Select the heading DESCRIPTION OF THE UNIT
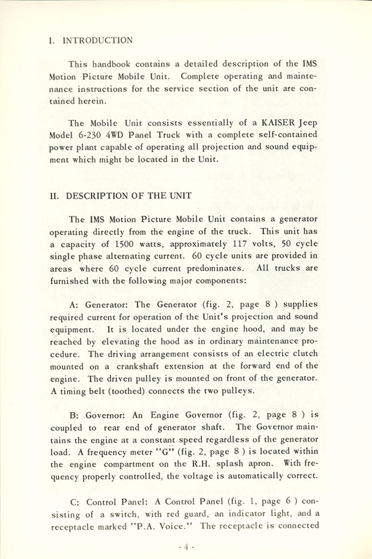pyautogui.click(x=129, y=195)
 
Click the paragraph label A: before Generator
pyautogui.click(x=73, y=305)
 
